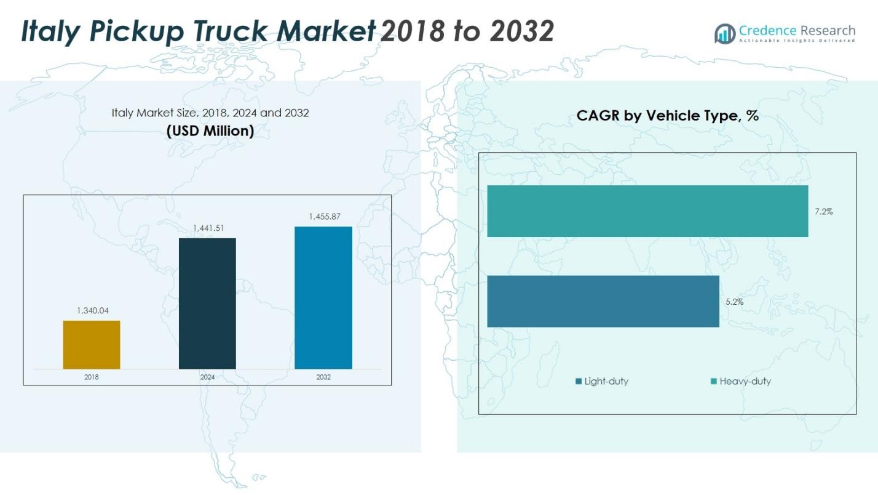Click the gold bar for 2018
pyautogui.click(x=92, y=345)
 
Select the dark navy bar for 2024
pyautogui.click(x=207, y=304)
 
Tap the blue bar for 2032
pyautogui.click(x=323, y=298)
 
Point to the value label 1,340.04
pyautogui.click(x=93, y=311)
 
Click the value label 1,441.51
pyautogui.click(x=208, y=228)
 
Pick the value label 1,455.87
pyautogui.click(x=323, y=217)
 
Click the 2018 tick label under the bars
pyautogui.click(x=92, y=377)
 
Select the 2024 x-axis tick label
pyautogui.click(x=207, y=377)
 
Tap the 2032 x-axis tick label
pyautogui.click(x=323, y=377)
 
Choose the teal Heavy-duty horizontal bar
pyautogui.click(x=647, y=211)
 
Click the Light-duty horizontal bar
pyautogui.click(x=603, y=301)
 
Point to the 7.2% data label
pyautogui.click(x=824, y=212)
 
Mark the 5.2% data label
pyautogui.click(x=735, y=302)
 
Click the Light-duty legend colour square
pyautogui.click(x=579, y=382)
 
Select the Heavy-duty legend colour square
pyautogui.click(x=714, y=382)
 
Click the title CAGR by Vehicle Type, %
pyautogui.click(x=667, y=116)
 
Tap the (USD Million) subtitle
pyautogui.click(x=210, y=131)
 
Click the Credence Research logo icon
pyautogui.click(x=724, y=33)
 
